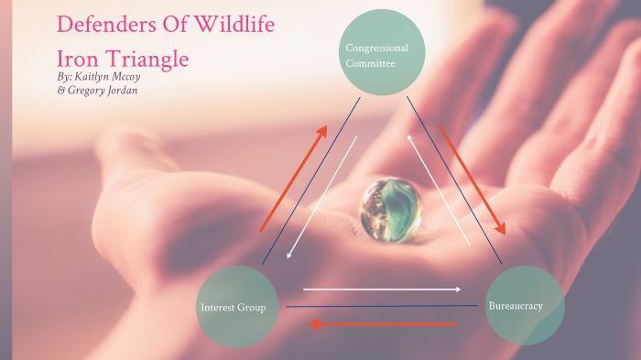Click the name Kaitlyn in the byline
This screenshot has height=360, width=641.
tap(100, 78)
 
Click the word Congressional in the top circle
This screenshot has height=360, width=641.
tap(376, 48)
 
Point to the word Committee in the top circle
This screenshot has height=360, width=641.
tap(370, 64)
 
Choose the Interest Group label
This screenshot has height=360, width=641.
tap(234, 308)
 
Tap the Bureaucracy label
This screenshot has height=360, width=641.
tap(516, 305)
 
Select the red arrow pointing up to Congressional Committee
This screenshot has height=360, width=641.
tap(293, 178)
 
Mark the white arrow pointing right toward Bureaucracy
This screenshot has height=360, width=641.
tap(382, 289)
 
